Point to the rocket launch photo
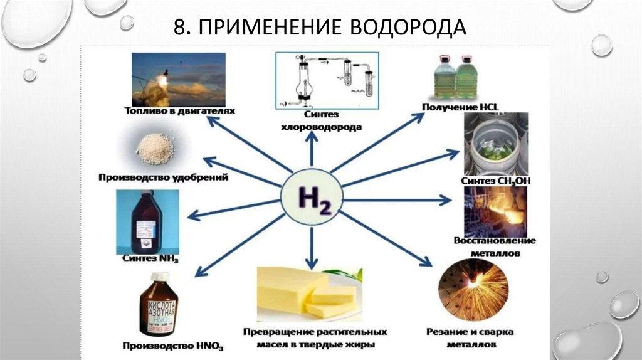[x=179, y=79]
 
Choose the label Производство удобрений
[x=162, y=177]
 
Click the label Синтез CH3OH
[x=495, y=181]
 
